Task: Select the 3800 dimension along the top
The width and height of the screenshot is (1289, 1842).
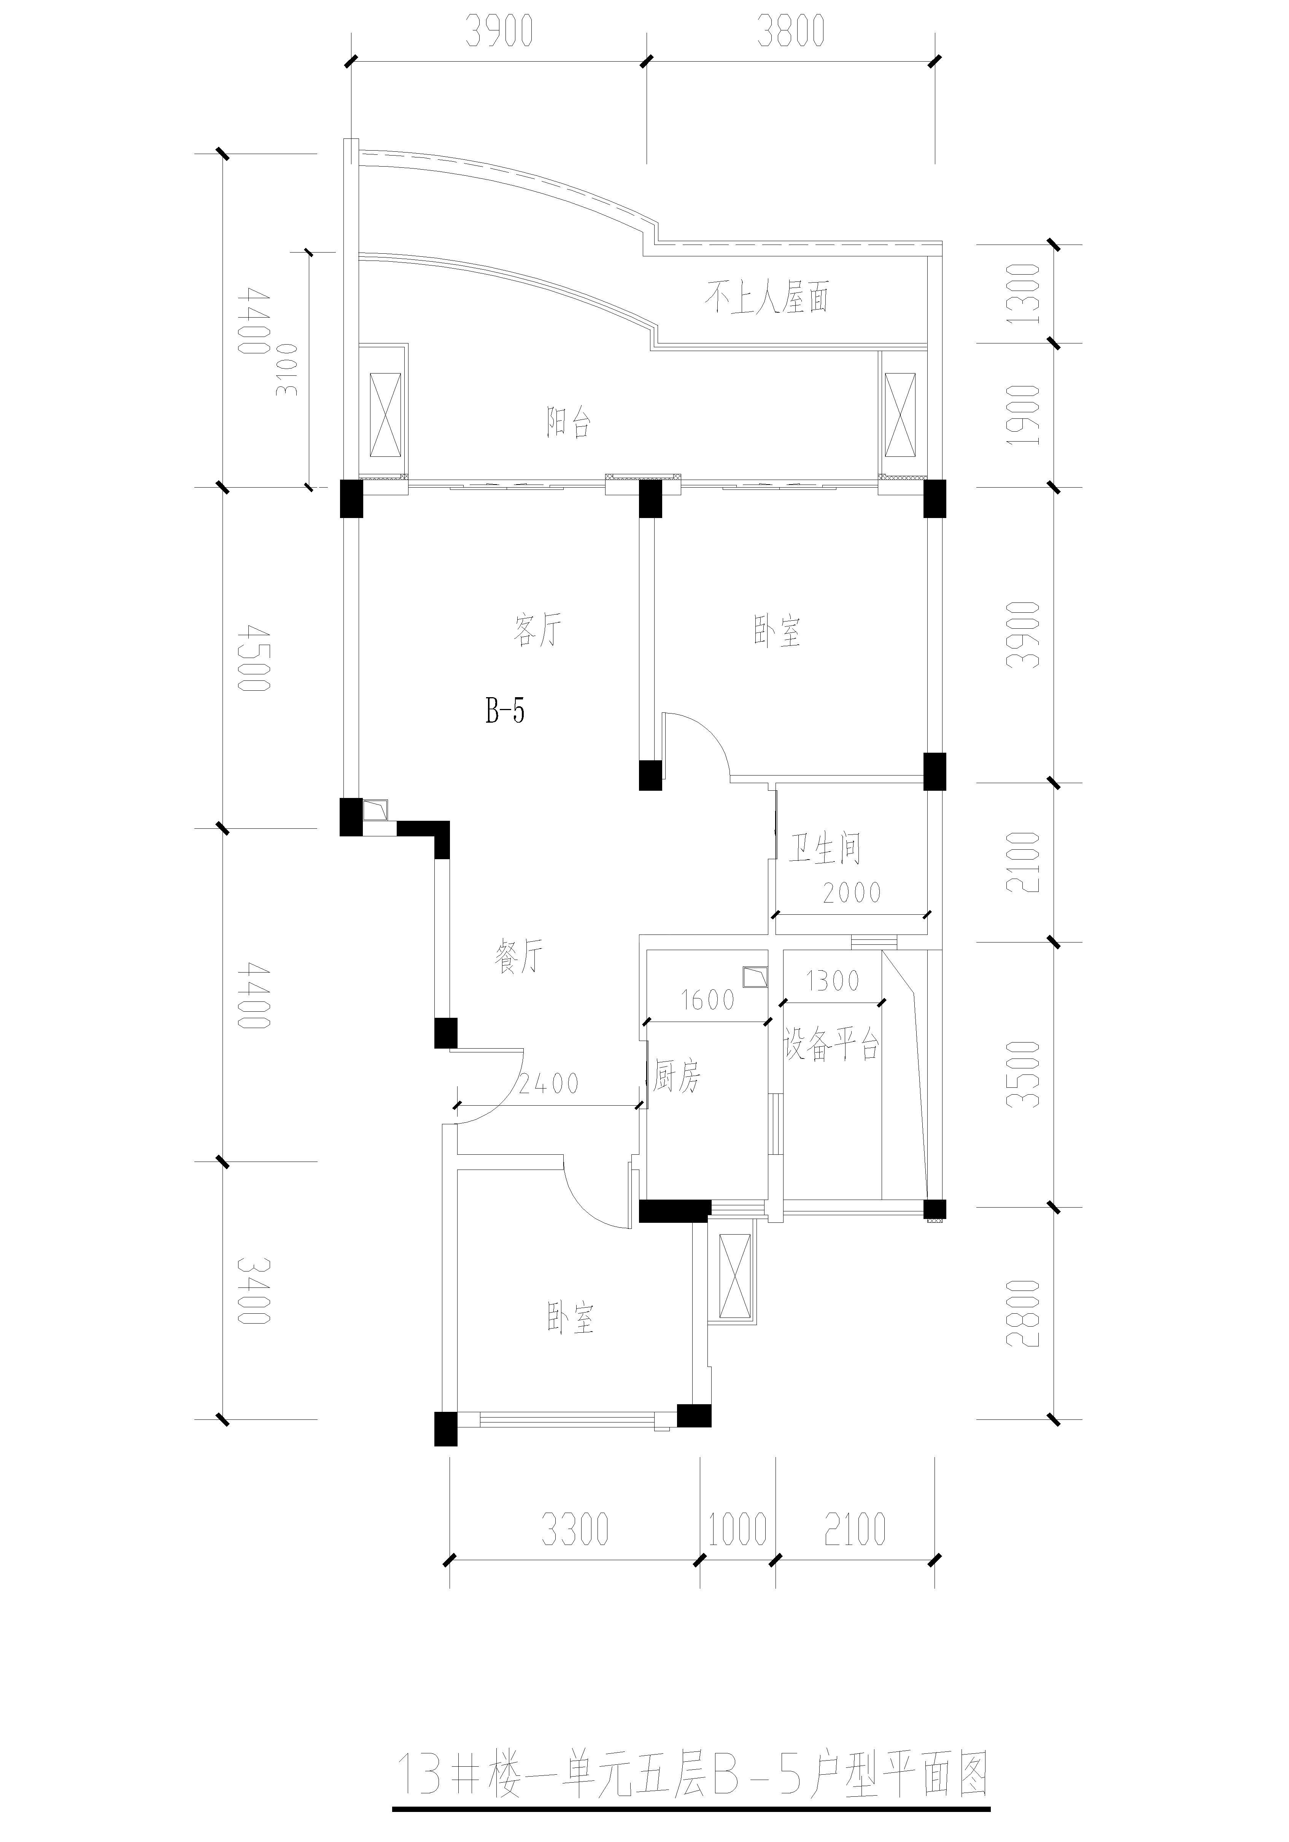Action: [x=791, y=32]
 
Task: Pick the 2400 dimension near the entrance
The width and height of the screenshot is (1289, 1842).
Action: [x=548, y=1084]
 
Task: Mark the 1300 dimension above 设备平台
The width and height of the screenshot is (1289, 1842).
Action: [x=833, y=981]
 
